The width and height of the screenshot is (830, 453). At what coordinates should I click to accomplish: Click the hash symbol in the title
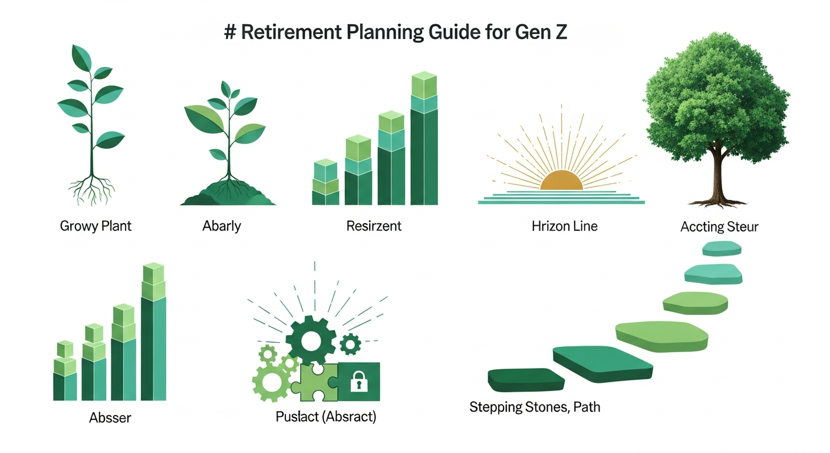[x=230, y=32]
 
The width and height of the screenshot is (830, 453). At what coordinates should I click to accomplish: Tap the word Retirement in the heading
[x=291, y=32]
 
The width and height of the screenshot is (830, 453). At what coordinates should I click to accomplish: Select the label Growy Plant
[x=95, y=226]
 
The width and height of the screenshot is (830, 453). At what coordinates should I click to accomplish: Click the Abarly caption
[x=222, y=226]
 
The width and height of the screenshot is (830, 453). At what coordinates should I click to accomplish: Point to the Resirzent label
[x=374, y=226]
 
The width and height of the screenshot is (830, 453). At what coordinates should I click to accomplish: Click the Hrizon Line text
[x=564, y=226]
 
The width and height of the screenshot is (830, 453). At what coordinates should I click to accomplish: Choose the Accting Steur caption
[x=719, y=226]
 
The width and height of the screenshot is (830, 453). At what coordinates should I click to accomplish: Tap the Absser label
[x=110, y=418]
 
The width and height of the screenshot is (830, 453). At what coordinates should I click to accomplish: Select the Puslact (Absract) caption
[x=326, y=416]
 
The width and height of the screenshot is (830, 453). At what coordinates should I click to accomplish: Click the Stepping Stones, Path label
[x=535, y=407]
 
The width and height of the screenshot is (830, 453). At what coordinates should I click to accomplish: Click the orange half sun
[x=561, y=180]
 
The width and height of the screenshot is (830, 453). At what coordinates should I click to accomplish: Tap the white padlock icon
[x=359, y=382]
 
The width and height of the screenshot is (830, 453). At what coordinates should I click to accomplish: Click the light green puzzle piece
[x=314, y=383]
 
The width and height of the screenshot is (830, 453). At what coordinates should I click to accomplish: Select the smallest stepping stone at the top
[x=722, y=248]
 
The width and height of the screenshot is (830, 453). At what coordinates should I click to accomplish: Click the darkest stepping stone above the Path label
[x=526, y=380]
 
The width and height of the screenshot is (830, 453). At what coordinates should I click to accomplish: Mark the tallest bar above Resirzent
[x=424, y=138]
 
